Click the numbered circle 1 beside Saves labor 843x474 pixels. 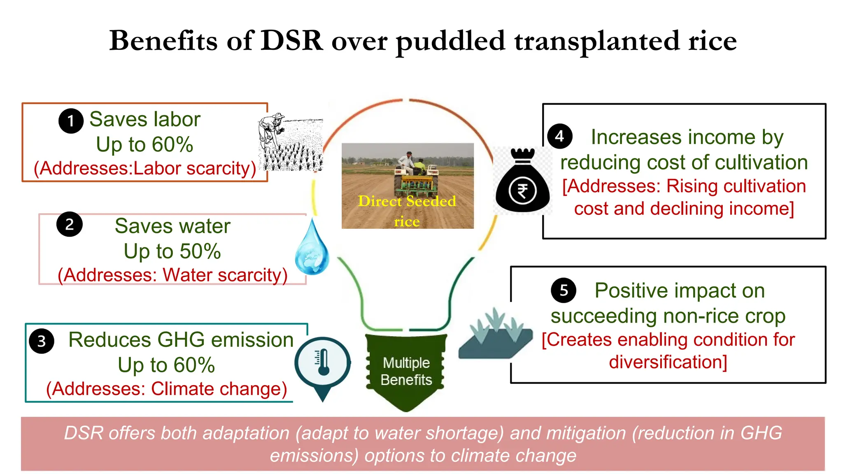71,121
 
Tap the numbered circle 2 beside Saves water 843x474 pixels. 70,225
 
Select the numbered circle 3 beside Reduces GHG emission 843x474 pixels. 42,341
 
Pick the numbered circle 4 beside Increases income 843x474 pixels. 560,136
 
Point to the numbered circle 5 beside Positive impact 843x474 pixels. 564,290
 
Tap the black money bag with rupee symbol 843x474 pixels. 522,181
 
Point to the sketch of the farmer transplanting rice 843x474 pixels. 291,142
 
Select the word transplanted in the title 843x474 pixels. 596,42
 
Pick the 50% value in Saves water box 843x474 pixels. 200,251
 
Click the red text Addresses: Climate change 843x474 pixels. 167,389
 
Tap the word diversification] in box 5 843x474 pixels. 668,362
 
